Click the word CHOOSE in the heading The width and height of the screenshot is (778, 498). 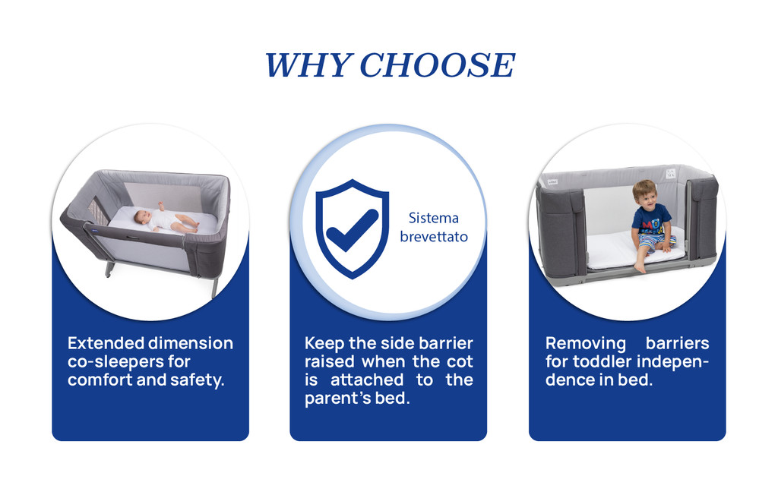437,65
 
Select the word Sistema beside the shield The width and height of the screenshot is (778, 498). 433,218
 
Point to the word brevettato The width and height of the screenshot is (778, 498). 434,237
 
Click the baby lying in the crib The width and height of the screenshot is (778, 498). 166,219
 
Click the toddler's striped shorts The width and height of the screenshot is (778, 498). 656,241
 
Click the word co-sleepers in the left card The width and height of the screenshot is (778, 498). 115,362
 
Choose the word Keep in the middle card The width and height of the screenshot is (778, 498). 324,343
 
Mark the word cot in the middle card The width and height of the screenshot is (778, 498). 460,362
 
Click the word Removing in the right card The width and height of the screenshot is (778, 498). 586,343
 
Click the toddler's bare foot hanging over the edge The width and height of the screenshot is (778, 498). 640,268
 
